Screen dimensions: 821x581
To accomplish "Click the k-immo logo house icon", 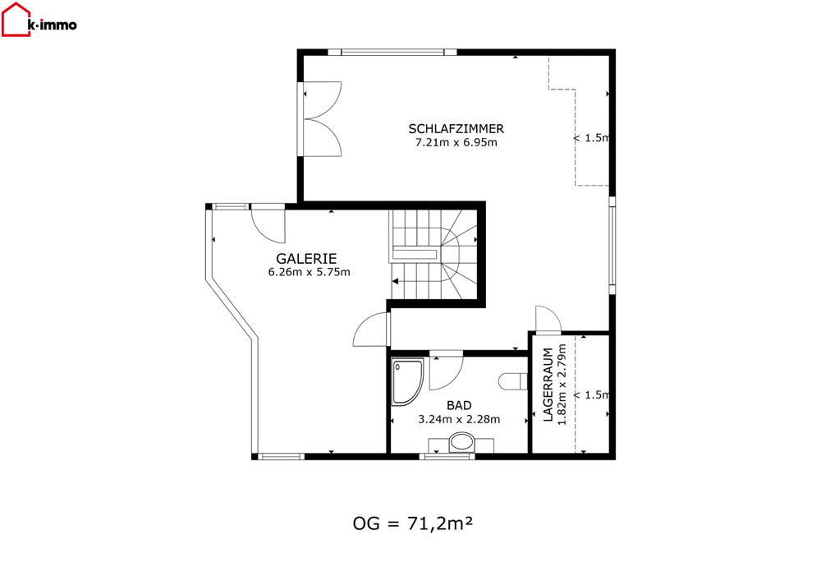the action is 16,20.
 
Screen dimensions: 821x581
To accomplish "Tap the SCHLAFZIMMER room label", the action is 456,128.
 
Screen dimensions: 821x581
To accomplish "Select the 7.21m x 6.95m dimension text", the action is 456,142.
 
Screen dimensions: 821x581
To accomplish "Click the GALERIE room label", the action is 306,258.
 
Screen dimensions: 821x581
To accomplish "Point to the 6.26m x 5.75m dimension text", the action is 309,272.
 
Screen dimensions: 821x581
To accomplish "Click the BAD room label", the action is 459,405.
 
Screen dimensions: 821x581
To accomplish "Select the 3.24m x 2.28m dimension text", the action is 459,419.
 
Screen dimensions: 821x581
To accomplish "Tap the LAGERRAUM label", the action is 548,385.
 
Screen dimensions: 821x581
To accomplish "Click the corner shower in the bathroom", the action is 407,381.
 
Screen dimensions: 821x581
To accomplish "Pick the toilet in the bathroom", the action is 512,381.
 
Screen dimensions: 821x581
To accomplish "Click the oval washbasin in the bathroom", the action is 461,441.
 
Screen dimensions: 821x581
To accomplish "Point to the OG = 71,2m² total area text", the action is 413,523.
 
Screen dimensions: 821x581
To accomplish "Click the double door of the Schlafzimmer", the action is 321,119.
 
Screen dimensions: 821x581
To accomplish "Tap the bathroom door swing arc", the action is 446,373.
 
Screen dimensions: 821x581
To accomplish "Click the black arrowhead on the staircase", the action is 396,281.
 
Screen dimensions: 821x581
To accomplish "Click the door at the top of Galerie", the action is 268,225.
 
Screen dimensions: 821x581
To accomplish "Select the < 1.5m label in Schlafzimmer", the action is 591,138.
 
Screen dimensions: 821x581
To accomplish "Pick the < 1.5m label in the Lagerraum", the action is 591,394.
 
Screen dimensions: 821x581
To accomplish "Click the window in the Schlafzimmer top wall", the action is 392,52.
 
